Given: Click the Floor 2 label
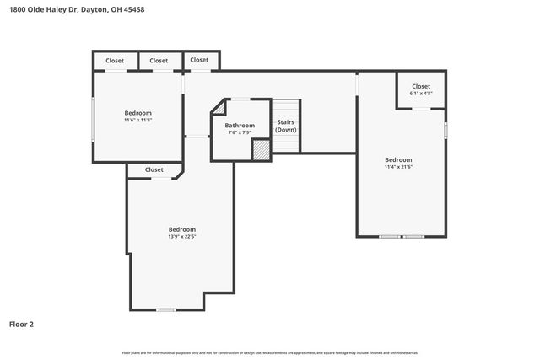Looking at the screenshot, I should (21, 324).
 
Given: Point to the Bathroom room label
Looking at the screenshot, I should (240, 126).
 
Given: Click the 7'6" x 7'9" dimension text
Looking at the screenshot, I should (240, 132).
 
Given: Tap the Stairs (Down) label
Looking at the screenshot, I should (286, 126).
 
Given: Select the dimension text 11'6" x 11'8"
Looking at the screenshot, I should (138, 120).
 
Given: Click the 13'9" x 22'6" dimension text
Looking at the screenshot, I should (181, 237).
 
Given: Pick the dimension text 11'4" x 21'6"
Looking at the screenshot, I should (398, 167).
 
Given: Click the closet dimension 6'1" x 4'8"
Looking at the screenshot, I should (421, 94).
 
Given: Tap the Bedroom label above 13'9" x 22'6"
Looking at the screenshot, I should (181, 229).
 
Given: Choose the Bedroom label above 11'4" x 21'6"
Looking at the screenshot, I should (398, 159).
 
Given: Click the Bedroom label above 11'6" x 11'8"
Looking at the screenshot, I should (138, 113).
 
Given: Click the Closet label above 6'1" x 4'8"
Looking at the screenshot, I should (421, 86).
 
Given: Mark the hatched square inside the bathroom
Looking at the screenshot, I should (262, 149).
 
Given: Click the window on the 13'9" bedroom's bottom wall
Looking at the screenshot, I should (166, 310).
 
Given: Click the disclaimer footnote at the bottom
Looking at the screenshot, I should (270, 352).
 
